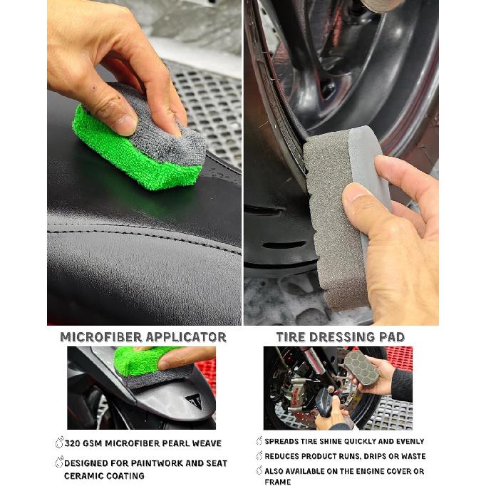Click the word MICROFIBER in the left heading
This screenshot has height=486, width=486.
pos(101,337)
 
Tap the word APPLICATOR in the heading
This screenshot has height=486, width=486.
pos(186,337)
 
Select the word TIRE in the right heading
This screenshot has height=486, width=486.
pos(291,337)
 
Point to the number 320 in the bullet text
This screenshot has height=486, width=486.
pos(73,443)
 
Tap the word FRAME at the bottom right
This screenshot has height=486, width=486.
pos(278,482)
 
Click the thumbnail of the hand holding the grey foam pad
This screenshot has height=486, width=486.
pos(338,388)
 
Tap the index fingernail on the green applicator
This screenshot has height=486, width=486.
pos(124,125)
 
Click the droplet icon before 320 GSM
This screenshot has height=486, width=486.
pos(60,443)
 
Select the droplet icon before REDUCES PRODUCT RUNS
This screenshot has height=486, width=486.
pos(259,455)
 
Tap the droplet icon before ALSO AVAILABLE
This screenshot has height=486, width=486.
pos(259,470)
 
